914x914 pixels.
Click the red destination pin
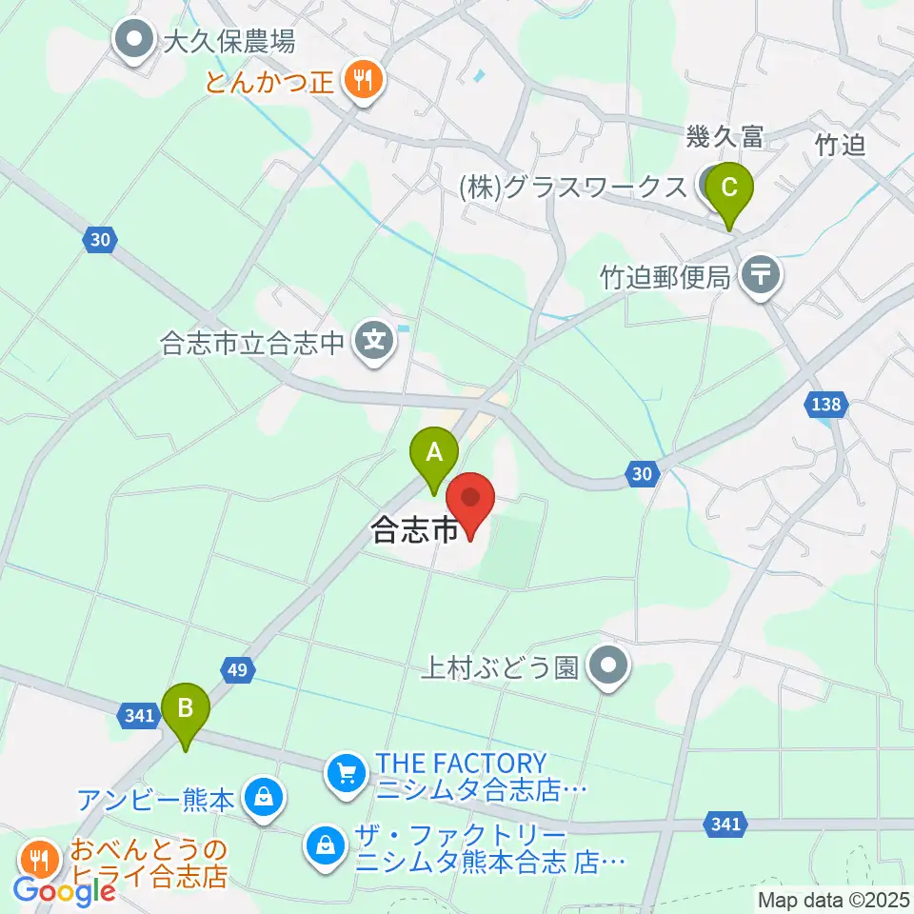point(470,502)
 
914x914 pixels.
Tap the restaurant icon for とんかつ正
point(362,80)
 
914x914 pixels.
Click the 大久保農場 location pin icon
point(134,41)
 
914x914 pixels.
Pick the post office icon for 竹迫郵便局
point(760,277)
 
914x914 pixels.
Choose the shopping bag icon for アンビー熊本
point(263,798)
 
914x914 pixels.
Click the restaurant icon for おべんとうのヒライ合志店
point(39,859)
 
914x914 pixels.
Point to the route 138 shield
point(826,405)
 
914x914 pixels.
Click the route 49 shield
point(237,670)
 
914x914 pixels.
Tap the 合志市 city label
point(415,529)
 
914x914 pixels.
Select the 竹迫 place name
point(840,144)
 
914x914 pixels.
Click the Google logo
point(64,892)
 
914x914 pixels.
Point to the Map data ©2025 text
point(833,899)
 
